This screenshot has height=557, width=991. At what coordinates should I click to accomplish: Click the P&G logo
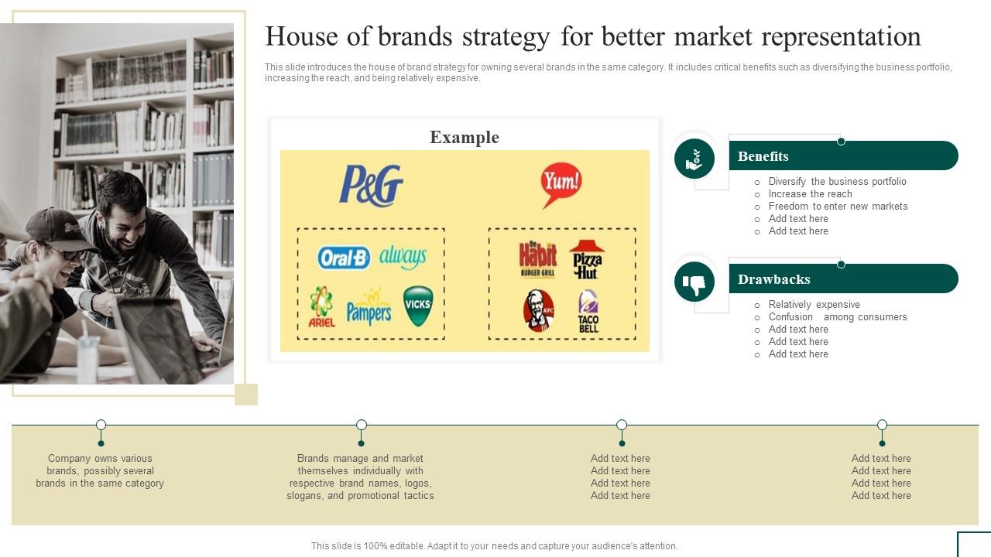pyautogui.click(x=371, y=186)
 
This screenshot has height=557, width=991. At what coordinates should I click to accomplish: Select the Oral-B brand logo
pyautogui.click(x=344, y=258)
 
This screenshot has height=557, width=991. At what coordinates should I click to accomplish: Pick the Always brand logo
pyautogui.click(x=403, y=257)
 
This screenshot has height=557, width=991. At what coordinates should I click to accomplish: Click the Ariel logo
pyautogui.click(x=321, y=306)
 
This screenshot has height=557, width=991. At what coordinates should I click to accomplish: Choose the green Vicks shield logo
pyautogui.click(x=418, y=306)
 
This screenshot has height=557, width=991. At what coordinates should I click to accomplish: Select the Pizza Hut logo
pyautogui.click(x=586, y=259)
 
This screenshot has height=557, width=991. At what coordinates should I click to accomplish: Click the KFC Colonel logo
pyautogui.click(x=539, y=310)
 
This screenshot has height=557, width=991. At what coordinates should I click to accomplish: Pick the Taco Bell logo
pyautogui.click(x=588, y=311)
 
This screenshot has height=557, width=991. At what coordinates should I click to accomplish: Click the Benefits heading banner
pyautogui.click(x=842, y=155)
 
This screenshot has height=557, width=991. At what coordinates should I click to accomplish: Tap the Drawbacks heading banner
pyautogui.click(x=842, y=278)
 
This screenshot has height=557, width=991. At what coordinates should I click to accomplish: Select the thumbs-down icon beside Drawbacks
pyautogui.click(x=694, y=282)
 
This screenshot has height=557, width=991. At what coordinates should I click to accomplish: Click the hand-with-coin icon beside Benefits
pyautogui.click(x=694, y=159)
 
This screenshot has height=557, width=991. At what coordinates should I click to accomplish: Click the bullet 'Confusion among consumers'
pyautogui.click(x=837, y=317)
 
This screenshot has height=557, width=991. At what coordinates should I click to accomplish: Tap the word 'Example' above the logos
pyautogui.click(x=465, y=137)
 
